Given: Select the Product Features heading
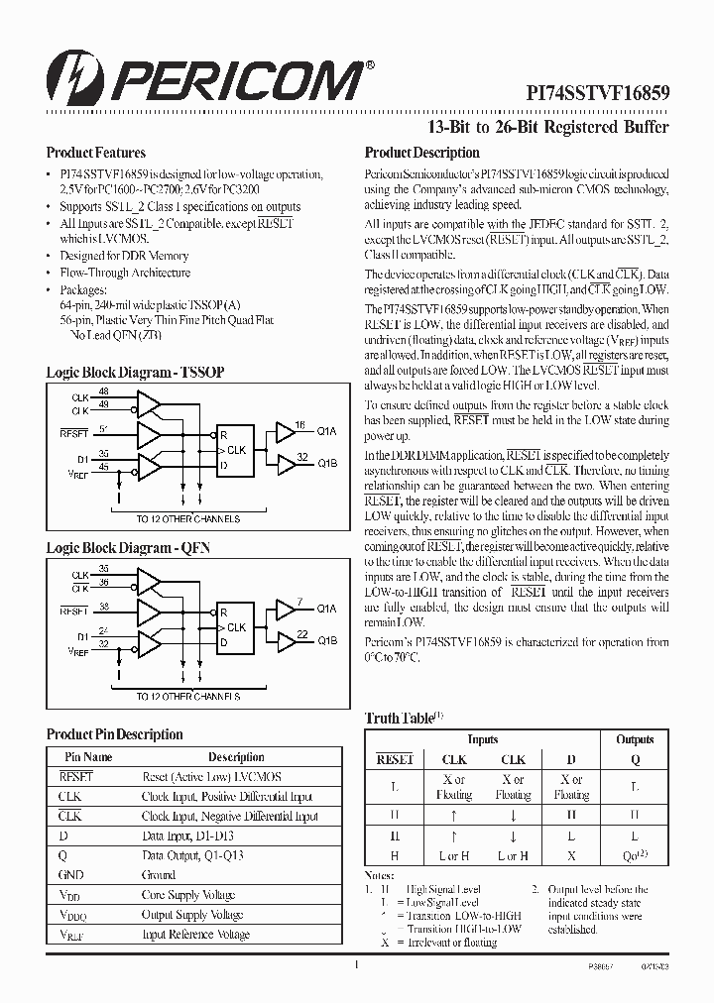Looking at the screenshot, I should pos(96,153).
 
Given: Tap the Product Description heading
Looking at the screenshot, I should pos(421,153).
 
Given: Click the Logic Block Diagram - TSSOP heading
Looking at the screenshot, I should pos(135,372).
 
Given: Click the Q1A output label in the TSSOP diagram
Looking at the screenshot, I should pos(327,432).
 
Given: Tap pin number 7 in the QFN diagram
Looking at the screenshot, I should pos(299,601).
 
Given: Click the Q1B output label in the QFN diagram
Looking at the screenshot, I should pos(327,640).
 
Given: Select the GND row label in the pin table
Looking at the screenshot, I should pos(70,875).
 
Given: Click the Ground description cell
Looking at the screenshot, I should pos(159,875).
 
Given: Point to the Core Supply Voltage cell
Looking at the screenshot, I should pos(188,895).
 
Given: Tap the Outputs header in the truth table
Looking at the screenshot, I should pos(635,739).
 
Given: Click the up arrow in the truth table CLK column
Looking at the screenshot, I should pos(454,815).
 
